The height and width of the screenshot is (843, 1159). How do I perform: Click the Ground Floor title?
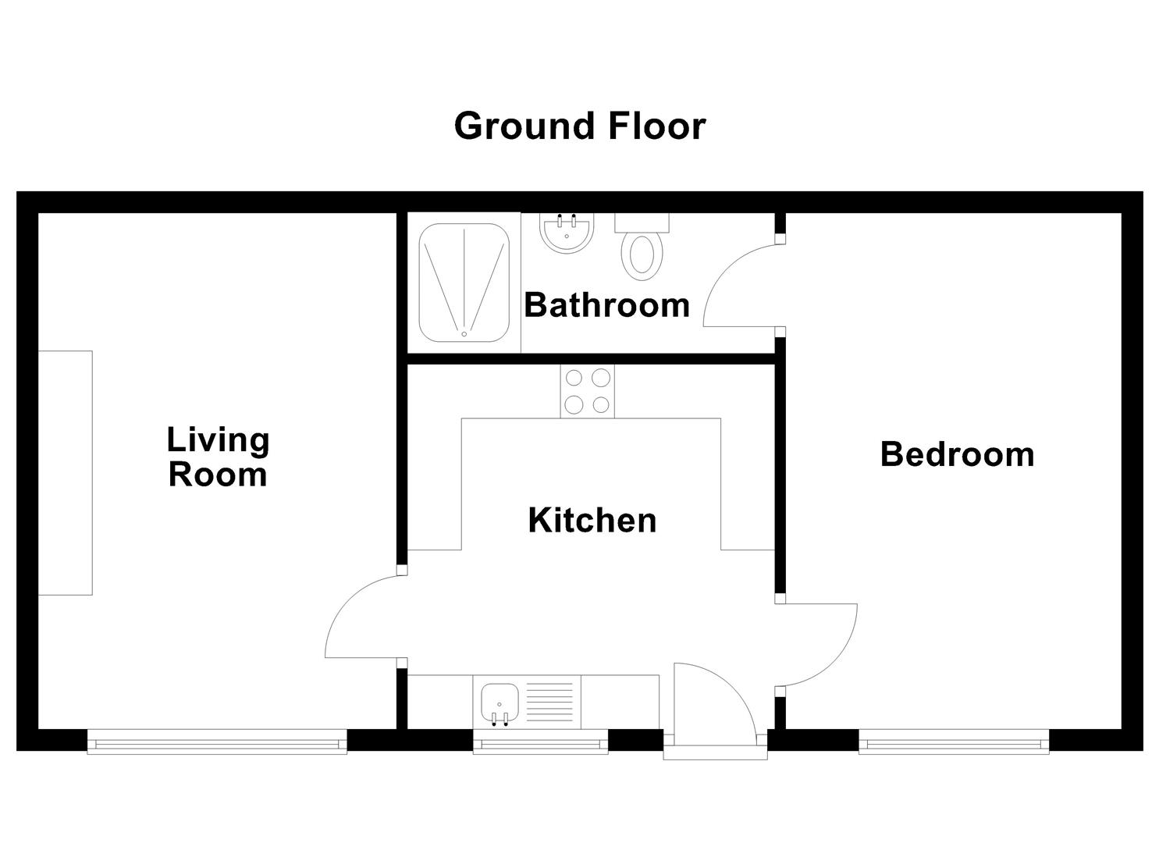tap(579, 126)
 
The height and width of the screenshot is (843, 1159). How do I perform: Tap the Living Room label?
tap(218, 457)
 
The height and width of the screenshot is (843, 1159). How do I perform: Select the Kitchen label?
tap(592, 521)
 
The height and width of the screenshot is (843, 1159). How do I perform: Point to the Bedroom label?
tap(957, 454)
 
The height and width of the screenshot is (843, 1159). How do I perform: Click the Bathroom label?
tap(606, 304)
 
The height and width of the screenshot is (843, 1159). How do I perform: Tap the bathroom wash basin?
tap(565, 233)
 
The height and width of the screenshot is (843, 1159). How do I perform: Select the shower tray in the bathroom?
tap(464, 283)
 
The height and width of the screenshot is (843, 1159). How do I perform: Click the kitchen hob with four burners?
tap(587, 391)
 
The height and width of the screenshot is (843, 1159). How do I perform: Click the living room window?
tap(216, 742)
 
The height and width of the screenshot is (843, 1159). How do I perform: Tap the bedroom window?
tap(953, 742)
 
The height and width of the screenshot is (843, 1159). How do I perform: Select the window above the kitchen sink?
tap(540, 742)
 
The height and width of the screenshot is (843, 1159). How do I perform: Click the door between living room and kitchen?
tap(359, 617)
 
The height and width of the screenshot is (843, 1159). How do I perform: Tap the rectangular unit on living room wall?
tap(66, 473)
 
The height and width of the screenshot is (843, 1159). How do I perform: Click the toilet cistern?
tap(642, 222)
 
